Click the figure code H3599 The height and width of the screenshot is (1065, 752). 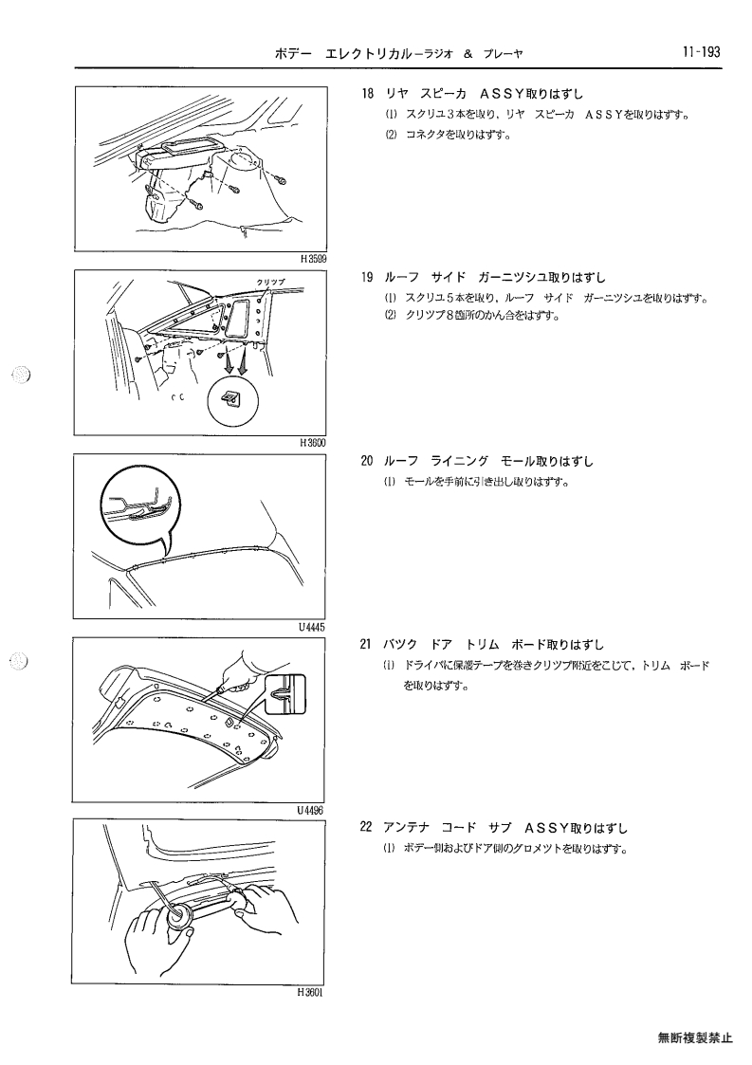pos(313,258)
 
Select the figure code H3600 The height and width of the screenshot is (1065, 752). pos(313,443)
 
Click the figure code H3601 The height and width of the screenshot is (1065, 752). pos(309,993)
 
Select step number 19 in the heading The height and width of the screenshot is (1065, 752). pos(367,278)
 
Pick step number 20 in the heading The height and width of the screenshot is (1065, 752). pos(367,462)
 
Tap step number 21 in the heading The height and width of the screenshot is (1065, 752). pos(367,645)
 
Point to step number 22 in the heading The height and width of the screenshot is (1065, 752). pos(367,829)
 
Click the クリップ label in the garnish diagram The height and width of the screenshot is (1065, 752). pos(270,283)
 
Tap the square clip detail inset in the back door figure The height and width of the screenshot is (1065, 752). pos(284,693)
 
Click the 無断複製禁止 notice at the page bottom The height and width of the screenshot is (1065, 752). pos(695,1037)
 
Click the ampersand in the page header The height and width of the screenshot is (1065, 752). pos(468,54)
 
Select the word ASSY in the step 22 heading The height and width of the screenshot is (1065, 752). pos(545,829)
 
